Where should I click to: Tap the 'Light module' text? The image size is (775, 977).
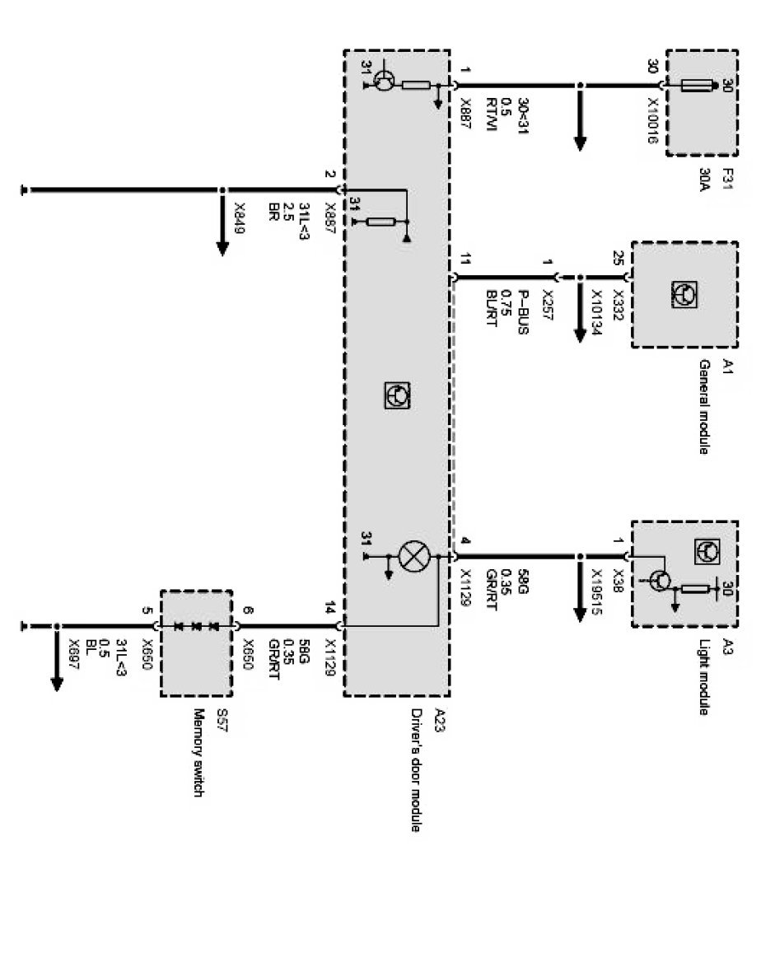pos(704,676)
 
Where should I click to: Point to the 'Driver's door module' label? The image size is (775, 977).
pos(416,769)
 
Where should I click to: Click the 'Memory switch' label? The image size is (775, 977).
pos(198,753)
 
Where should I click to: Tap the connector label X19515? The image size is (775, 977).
pos(595,591)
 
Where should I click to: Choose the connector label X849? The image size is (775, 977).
pos(239,219)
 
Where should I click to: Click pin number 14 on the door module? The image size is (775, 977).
pos(329,610)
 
